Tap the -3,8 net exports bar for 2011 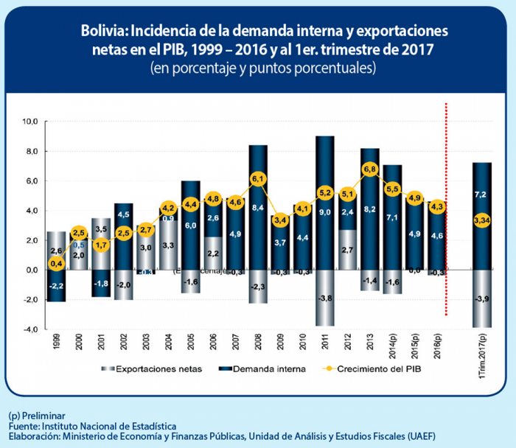(x=325, y=298)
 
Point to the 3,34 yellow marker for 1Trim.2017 (x=481, y=220)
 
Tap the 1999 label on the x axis (x=55, y=343)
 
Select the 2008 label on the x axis (x=258, y=343)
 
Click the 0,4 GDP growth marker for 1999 (x=55, y=263)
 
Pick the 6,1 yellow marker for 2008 (x=258, y=179)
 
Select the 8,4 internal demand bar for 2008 (x=258, y=207)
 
